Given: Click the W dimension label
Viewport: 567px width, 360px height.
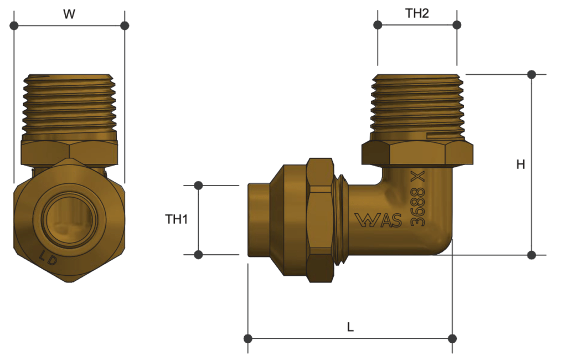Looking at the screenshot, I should click(x=69, y=14).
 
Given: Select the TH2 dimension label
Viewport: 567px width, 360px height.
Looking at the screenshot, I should click(x=417, y=14).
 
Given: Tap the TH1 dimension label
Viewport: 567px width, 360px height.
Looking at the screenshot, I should click(x=177, y=219).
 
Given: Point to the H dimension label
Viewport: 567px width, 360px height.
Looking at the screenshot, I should click(x=520, y=164).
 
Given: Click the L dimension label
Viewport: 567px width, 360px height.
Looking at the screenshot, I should click(x=350, y=327).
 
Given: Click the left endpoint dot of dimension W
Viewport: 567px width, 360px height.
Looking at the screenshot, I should click(x=14, y=25).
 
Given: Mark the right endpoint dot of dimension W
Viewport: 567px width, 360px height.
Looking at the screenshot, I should click(x=125, y=25).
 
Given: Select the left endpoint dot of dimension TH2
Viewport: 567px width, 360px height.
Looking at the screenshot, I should click(x=378, y=25).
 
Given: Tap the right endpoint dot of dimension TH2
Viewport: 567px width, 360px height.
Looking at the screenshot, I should click(x=457, y=25).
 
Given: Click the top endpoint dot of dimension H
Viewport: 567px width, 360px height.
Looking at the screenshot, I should click(x=532, y=74).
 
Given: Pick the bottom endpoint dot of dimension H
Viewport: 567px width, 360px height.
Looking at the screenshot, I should click(x=532, y=255).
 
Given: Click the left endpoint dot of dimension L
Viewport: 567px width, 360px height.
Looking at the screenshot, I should click(x=248, y=338).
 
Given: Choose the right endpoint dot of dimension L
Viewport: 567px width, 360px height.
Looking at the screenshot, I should click(x=452, y=338).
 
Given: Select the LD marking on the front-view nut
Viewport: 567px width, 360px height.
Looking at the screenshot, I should click(x=49, y=258).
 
